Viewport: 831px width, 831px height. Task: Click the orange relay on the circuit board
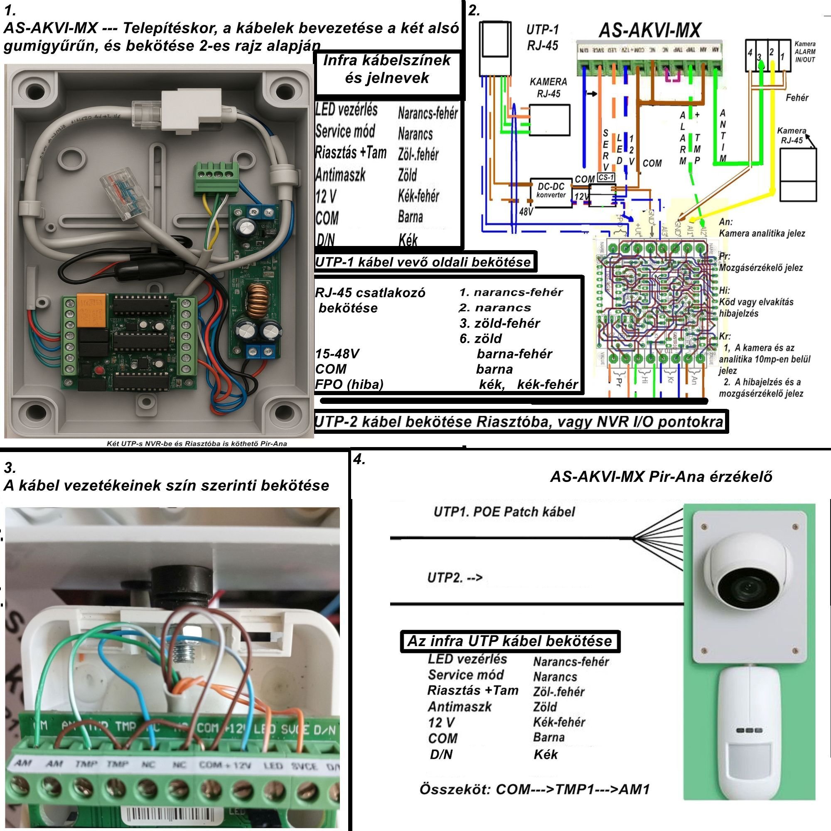(x=91, y=310)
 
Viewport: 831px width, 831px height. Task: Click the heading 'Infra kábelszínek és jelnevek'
(x=387, y=69)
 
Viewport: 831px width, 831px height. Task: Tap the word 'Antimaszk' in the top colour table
(x=340, y=175)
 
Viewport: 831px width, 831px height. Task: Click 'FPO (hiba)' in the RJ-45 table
(x=349, y=384)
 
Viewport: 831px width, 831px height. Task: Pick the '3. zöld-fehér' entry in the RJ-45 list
(x=499, y=323)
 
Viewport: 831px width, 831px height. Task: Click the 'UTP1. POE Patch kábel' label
(x=504, y=512)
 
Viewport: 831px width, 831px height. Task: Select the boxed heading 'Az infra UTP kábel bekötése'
(x=509, y=641)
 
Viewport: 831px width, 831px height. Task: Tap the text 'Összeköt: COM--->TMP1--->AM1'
(x=534, y=789)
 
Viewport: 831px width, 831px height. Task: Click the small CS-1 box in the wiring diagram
(x=606, y=177)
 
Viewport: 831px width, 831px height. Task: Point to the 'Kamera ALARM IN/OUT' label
(x=805, y=52)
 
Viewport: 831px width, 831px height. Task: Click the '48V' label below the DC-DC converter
(x=526, y=211)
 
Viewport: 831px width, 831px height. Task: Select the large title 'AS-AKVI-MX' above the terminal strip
(x=649, y=30)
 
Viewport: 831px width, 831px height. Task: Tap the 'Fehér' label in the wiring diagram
(x=797, y=98)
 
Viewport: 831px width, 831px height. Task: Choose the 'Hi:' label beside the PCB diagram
(x=724, y=291)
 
